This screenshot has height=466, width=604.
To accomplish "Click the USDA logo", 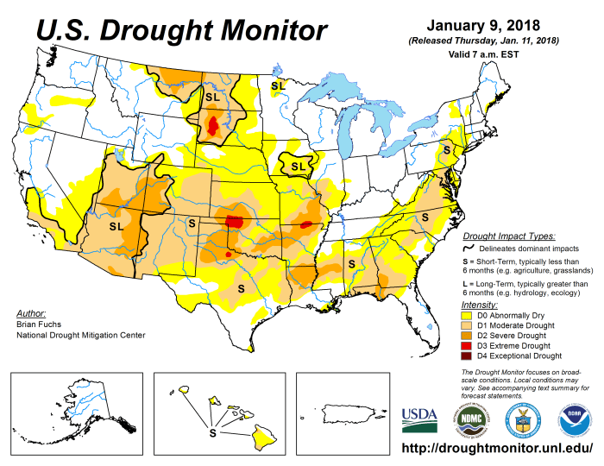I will point(419,420).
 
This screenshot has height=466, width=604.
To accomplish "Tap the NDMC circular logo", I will point(470,420).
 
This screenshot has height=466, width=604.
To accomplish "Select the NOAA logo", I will point(569,420).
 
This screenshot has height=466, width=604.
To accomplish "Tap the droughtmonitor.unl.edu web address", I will point(498,450).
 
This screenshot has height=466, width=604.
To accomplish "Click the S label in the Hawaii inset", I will point(212,431).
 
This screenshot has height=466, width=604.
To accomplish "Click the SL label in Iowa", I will point(298,166).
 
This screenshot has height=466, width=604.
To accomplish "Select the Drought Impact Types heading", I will point(508,235).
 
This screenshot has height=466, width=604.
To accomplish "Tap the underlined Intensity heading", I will point(479,305).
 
